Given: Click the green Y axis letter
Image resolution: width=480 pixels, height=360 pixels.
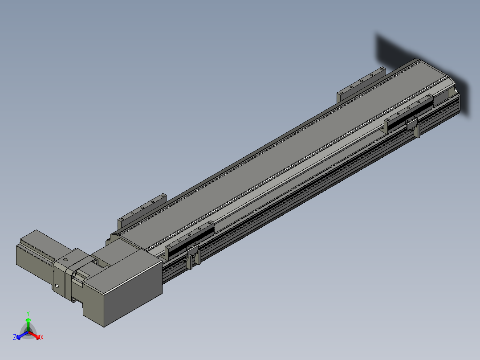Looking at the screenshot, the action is click(28, 313).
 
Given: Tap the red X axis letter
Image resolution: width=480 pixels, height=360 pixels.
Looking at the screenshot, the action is click(42, 337).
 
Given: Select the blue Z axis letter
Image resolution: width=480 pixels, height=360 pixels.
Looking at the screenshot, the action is click(14, 337).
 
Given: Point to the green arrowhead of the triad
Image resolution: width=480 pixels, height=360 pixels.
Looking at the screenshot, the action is click(28, 320).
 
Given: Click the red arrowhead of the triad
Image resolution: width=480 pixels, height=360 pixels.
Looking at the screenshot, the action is click(38, 337).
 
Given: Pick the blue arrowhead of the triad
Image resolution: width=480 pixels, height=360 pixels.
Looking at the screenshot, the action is click(18, 337).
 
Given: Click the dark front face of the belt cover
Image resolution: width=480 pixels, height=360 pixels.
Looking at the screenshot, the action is click(133, 294).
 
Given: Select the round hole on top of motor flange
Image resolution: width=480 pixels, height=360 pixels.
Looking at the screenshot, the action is click(65, 260).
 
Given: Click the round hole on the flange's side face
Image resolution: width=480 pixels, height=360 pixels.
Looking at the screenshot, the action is click(57, 286).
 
